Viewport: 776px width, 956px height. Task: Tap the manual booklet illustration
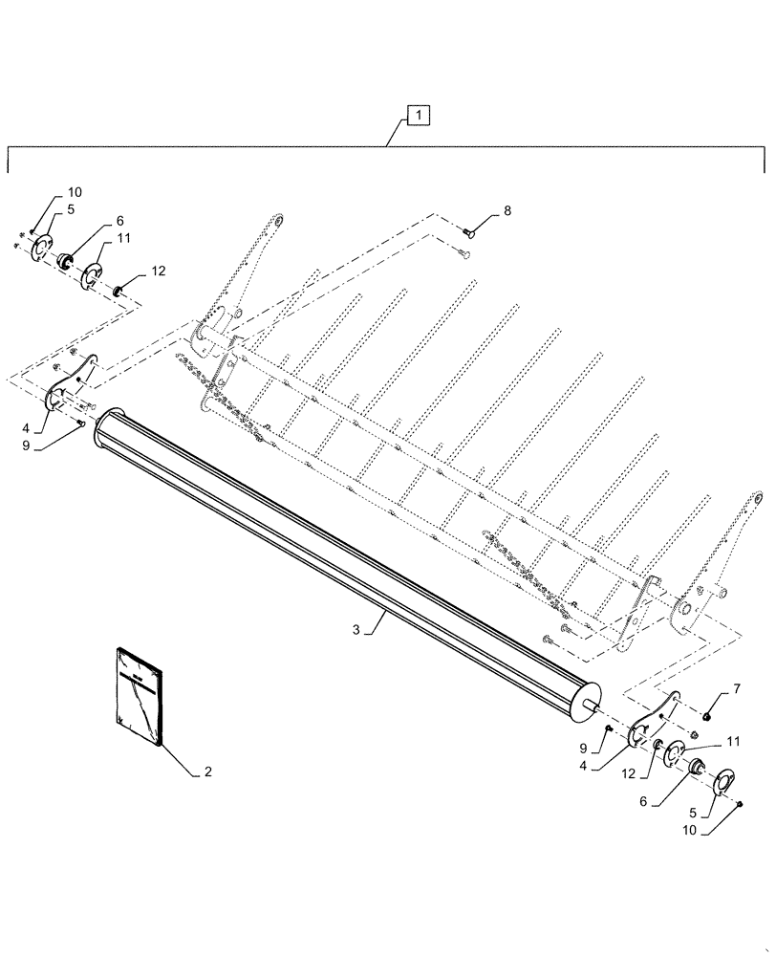click(140, 695)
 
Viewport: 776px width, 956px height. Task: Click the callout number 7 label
click(736, 688)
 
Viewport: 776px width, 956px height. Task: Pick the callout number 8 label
click(507, 211)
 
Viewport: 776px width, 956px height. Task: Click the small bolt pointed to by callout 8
click(469, 230)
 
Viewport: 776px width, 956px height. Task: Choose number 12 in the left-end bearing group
click(158, 272)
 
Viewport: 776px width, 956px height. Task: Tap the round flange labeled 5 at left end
click(41, 249)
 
